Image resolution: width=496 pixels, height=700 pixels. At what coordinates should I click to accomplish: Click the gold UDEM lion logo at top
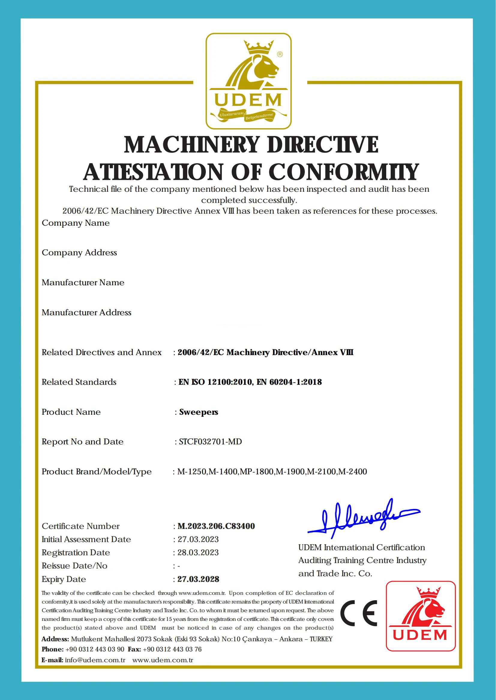click(248, 81)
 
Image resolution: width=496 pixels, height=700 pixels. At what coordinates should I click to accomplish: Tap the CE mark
click(359, 613)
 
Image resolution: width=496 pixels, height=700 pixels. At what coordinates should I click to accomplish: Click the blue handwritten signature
click(363, 518)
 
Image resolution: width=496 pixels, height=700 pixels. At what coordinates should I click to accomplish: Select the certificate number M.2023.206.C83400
click(216, 526)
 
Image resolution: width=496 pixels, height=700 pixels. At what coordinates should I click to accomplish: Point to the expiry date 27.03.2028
click(198, 579)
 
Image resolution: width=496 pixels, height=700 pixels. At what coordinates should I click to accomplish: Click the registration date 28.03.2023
click(198, 553)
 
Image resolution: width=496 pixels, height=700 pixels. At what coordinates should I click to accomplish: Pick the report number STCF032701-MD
click(210, 442)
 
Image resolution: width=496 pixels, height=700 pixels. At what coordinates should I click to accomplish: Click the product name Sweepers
click(199, 412)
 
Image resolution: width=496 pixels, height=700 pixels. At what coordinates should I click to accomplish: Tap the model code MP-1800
click(257, 472)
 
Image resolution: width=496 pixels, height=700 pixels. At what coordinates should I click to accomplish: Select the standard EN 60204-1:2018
click(289, 382)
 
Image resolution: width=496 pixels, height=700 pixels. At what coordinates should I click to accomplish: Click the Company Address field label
click(80, 253)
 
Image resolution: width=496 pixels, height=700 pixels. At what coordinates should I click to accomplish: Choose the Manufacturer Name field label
click(83, 283)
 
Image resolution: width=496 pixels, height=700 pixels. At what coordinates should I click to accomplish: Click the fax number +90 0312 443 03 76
click(172, 649)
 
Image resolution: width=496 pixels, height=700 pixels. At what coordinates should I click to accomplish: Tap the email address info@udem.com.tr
click(95, 660)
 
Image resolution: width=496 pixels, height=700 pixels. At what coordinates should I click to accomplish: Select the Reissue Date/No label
click(74, 566)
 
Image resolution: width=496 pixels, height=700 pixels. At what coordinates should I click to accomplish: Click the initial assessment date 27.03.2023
click(198, 539)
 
